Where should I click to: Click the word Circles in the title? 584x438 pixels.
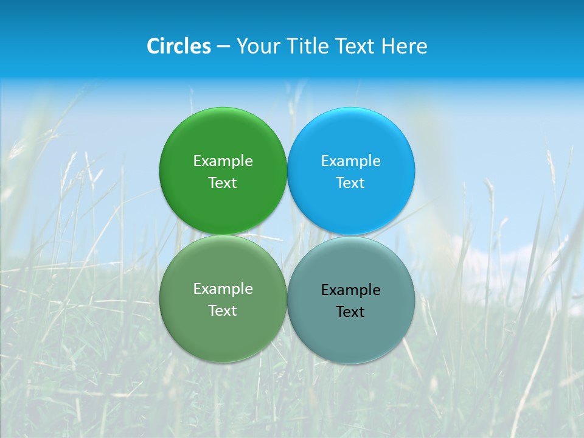(178, 46)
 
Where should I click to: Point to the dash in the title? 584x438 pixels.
(223, 47)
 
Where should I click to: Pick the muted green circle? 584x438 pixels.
(223, 335)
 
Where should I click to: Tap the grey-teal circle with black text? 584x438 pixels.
(350, 338)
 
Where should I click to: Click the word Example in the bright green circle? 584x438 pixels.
(223, 161)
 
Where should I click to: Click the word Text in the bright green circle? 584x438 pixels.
(223, 182)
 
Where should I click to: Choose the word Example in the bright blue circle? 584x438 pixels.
(350, 161)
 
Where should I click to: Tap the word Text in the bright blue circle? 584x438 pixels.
(350, 182)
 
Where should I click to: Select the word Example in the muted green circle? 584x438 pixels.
(223, 288)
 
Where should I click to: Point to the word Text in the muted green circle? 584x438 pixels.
(223, 310)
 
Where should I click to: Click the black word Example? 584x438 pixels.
(350, 290)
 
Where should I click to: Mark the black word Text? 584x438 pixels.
(350, 312)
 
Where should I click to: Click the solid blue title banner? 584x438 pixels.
(517, 36)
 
